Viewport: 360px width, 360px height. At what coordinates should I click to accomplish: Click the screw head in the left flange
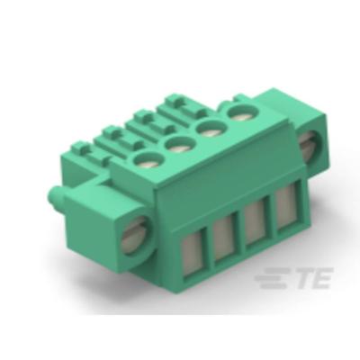[139, 238]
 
